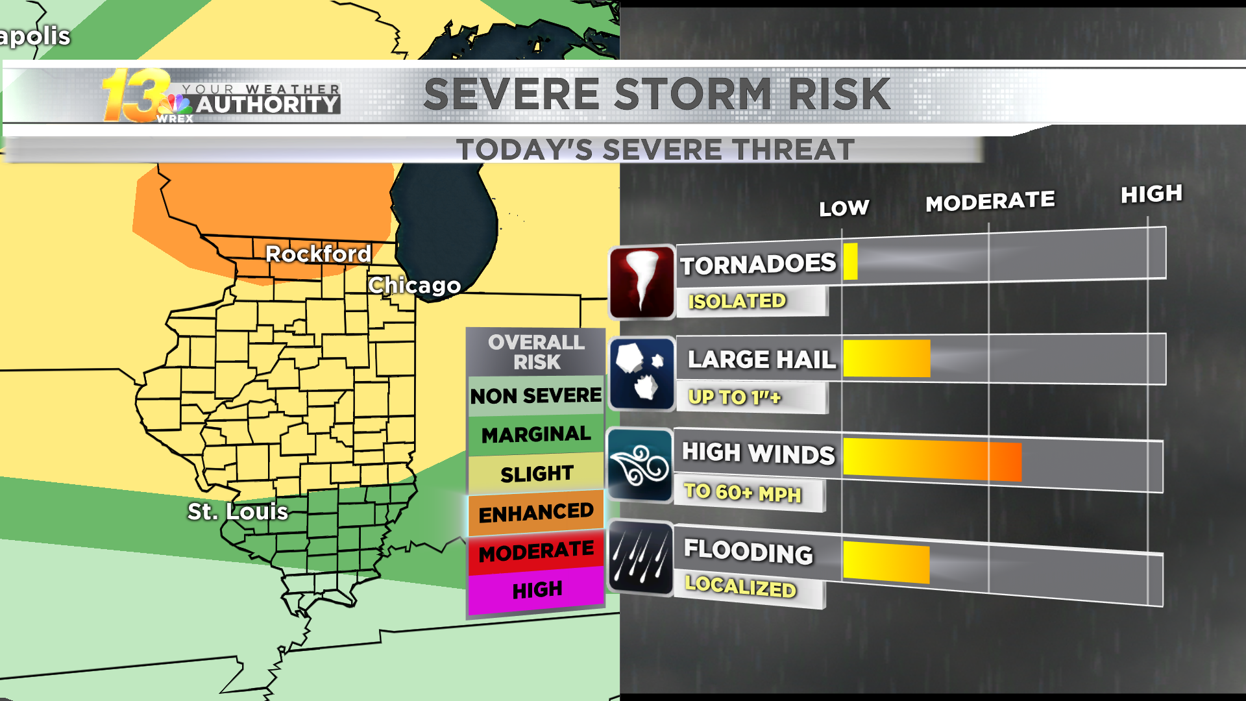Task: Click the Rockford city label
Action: tap(318, 254)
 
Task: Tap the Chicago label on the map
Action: tap(414, 285)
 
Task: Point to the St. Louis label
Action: tap(238, 511)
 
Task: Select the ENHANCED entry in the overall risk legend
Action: tap(536, 513)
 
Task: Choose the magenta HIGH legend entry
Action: tap(537, 590)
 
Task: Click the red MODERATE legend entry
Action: tap(536, 552)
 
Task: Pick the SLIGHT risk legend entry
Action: tap(537, 474)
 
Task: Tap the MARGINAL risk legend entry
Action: tap(536, 434)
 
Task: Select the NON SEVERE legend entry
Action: tap(536, 395)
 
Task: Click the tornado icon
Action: tap(642, 282)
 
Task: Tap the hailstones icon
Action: tap(642, 374)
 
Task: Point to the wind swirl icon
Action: tap(640, 465)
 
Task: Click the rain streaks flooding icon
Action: tap(641, 558)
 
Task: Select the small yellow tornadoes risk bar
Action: tap(850, 262)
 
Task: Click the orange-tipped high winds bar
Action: tap(932, 460)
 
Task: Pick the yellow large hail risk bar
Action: tap(886, 358)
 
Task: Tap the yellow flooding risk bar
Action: tap(886, 562)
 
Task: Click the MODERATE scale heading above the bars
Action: tap(990, 202)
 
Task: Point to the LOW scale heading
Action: tap(844, 208)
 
